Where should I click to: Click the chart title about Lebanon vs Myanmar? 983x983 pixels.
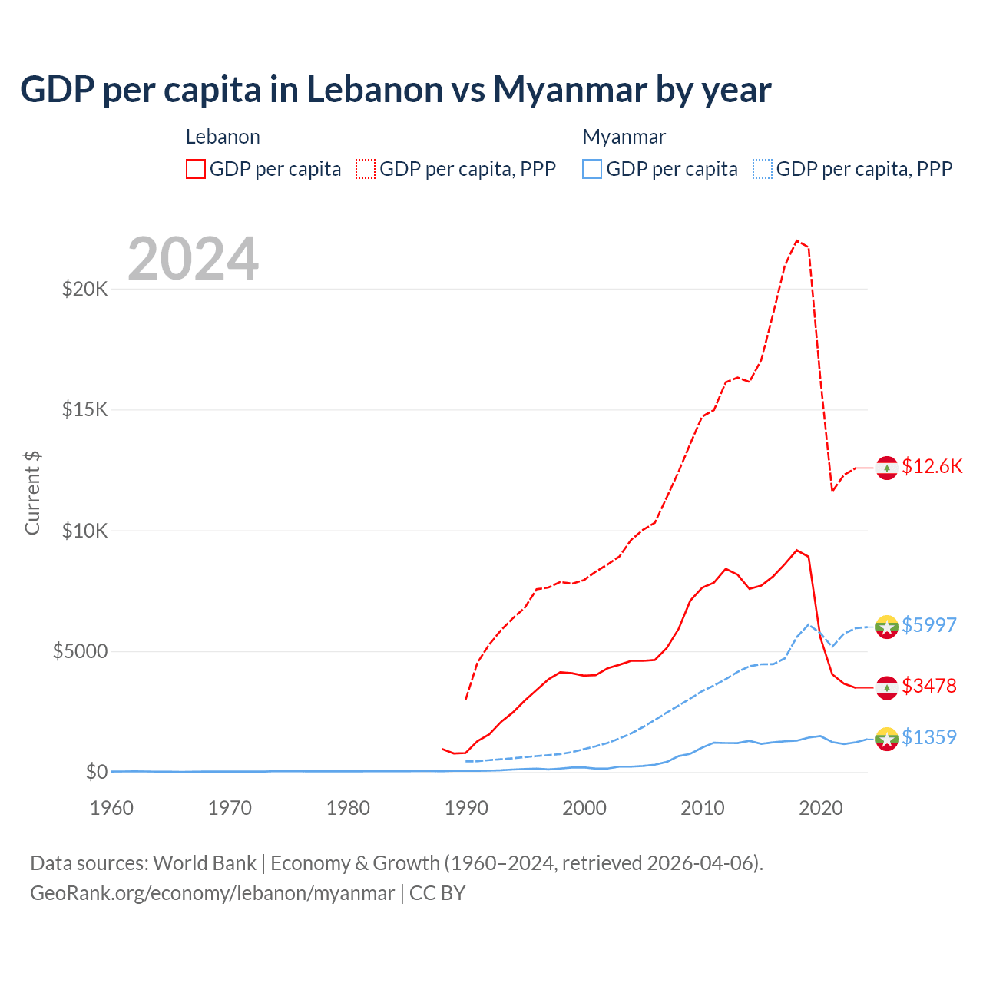(396, 90)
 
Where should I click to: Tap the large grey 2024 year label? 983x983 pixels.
(193, 260)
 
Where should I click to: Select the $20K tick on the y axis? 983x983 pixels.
(84, 290)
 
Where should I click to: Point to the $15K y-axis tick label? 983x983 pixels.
(84, 410)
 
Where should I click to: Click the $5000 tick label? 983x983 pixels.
(80, 652)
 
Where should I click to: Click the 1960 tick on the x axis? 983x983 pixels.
(112, 808)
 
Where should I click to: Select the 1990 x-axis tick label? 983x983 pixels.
(466, 808)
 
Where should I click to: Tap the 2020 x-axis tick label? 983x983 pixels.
(821, 808)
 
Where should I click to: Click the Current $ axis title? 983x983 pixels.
(32, 493)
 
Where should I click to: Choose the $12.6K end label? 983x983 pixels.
(932, 467)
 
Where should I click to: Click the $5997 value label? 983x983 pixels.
(928, 625)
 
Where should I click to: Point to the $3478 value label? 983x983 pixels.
(928, 686)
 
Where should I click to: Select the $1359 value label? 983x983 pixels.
(928, 737)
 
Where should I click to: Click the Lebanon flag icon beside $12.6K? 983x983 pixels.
(887, 468)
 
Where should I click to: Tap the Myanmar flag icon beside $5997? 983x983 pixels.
(887, 627)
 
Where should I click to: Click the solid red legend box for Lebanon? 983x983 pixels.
(196, 169)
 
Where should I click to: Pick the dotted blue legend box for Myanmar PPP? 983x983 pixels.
(762, 169)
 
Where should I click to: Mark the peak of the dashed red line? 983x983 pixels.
(797, 240)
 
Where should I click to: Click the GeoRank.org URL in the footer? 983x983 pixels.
(212, 893)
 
